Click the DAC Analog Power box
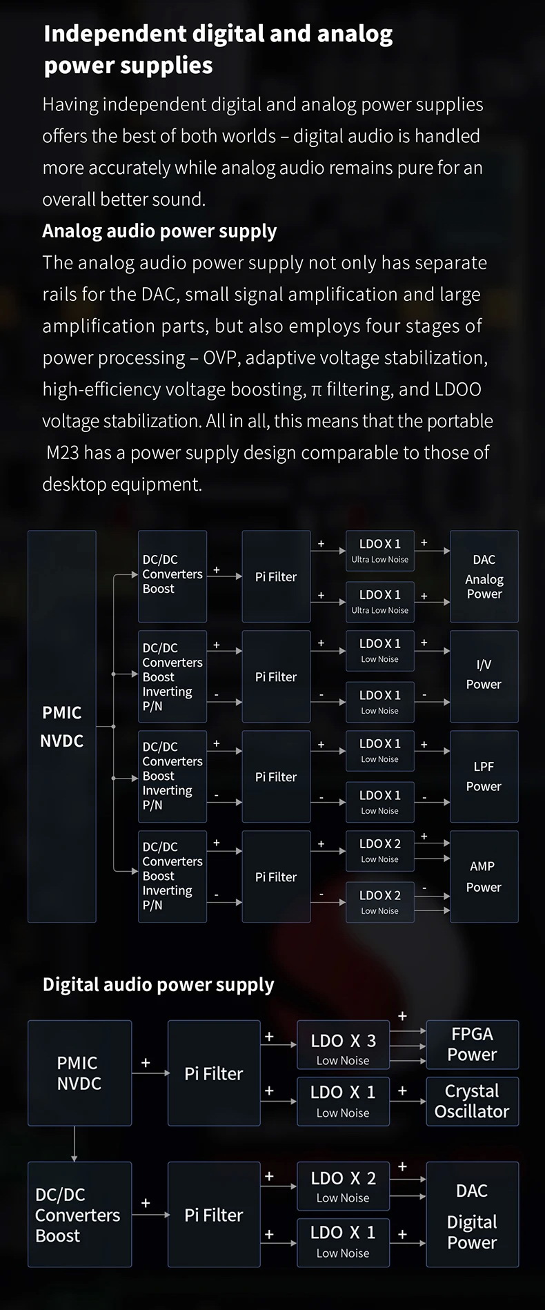(484, 577)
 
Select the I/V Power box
(484, 676)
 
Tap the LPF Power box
(484, 776)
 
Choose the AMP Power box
(484, 877)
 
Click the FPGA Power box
(472, 1044)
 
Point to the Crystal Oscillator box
(472, 1101)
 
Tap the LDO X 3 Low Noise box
(343, 1048)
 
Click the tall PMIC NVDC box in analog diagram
(62, 726)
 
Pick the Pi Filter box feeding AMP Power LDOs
(276, 877)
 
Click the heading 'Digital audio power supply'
(158, 984)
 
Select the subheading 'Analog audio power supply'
(159, 231)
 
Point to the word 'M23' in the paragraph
(62, 453)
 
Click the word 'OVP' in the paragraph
(220, 358)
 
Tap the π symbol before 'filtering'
(316, 390)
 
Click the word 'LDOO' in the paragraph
(458, 389)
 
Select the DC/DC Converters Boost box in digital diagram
(79, 1215)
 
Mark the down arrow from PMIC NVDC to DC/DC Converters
(74, 1144)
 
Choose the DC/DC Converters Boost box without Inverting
(172, 576)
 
